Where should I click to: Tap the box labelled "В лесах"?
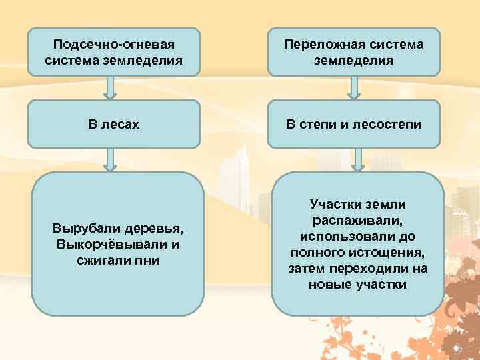pos(113,123)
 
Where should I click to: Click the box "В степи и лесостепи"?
pos(353,123)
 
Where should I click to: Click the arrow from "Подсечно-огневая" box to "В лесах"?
pos(111,87)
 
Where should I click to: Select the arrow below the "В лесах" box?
pos(111,159)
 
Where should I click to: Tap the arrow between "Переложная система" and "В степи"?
pos(358,87)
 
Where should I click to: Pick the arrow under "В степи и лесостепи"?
pos(358,159)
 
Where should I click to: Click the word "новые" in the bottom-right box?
pos(329,285)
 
